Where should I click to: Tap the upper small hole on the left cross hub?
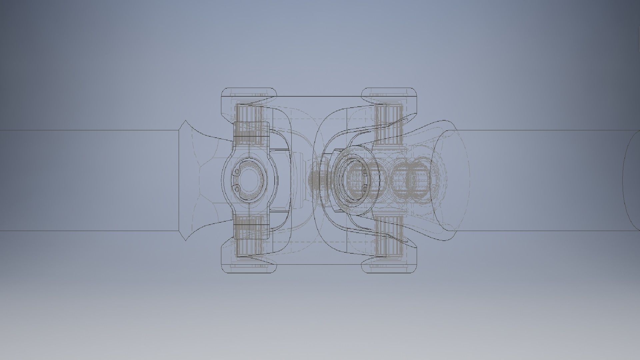237,172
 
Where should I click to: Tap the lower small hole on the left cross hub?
237,189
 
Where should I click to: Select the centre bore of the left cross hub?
250,180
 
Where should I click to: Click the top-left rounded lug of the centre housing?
249,93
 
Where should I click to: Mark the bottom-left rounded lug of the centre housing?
249,268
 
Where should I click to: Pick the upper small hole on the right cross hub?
364,172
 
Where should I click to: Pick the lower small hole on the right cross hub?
364,189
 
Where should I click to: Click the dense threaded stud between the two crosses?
315,180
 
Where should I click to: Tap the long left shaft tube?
90,180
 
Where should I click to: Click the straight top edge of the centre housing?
319,97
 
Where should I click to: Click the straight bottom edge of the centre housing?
319,265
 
